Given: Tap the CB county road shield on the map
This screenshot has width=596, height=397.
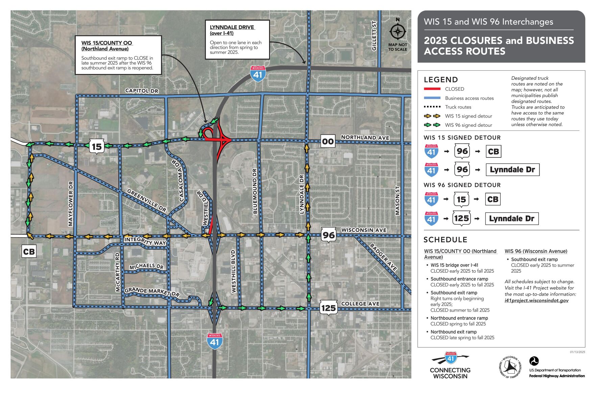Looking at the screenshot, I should (29, 251).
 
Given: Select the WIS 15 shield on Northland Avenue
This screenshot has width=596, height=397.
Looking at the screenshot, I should (97, 147).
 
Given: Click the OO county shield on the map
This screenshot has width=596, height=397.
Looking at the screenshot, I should (328, 141).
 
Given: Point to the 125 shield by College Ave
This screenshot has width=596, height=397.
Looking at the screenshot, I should (328, 308).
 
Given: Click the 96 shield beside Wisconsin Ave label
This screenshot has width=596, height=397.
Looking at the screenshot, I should (329, 235).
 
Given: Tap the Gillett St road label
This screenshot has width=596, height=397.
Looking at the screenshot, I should (374, 35).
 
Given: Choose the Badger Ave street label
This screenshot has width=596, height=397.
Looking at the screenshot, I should (383, 257).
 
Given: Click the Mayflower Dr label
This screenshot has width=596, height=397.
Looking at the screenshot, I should (71, 203).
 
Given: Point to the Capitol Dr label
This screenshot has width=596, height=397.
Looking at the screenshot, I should (142, 91).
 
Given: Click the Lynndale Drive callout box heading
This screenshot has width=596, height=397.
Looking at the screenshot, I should (232, 30).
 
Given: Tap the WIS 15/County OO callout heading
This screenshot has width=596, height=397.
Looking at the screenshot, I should (107, 46).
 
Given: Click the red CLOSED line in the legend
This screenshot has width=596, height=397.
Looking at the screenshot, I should (432, 89).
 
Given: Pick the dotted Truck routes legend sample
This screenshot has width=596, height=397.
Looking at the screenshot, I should (432, 107).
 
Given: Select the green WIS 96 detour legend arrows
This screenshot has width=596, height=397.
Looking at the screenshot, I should (432, 125).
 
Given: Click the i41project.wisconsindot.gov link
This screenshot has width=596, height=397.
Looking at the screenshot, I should (537, 300).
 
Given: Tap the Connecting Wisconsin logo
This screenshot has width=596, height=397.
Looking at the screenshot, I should (450, 366).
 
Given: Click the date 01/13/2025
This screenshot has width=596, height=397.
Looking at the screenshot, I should (577, 352).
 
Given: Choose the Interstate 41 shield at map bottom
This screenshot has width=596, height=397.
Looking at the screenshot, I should (215, 341).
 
